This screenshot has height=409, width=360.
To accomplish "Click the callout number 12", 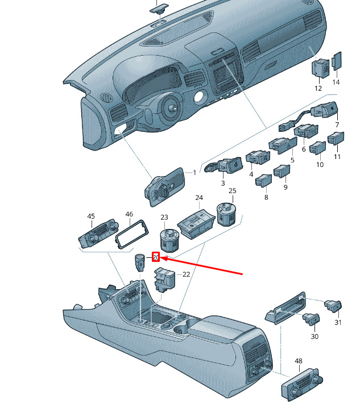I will (x=318, y=88).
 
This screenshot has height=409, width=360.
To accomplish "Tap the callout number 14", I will (x=336, y=82).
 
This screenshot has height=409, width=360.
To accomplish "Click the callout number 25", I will (x=232, y=191).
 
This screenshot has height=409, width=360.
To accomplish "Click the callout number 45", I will (x=91, y=216).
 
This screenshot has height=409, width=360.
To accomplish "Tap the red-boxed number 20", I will (x=155, y=257).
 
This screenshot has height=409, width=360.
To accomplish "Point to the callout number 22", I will (x=186, y=274).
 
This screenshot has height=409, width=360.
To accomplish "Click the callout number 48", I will (x=299, y=361).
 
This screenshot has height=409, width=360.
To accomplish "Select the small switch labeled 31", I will (x=332, y=307).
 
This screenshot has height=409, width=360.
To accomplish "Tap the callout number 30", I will (x=315, y=336).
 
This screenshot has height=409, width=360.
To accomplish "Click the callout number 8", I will (x=266, y=197).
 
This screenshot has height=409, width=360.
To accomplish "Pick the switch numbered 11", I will (x=336, y=139).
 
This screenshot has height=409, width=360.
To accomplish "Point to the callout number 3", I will (x=223, y=183).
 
